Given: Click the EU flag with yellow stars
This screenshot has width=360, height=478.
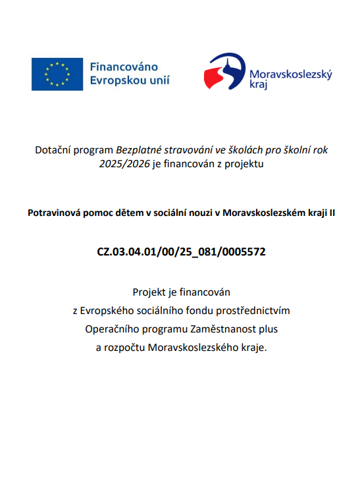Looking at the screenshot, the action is coord(57,74).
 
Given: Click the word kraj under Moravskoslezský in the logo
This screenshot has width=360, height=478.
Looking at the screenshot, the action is coord(259,85).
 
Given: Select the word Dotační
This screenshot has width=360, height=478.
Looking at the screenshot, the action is coord(52,150).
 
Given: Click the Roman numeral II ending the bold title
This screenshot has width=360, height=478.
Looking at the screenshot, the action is coord(331,213).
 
